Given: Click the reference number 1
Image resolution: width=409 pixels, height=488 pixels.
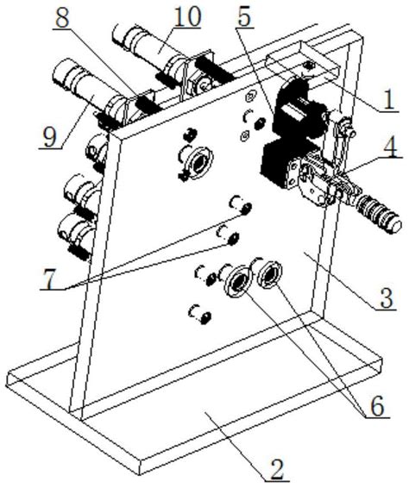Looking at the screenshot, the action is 388,99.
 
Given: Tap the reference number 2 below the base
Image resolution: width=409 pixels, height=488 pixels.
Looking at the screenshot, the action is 276,472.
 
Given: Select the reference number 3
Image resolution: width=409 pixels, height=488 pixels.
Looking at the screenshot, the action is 386,297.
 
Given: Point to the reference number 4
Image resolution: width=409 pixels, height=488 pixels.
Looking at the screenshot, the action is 389,147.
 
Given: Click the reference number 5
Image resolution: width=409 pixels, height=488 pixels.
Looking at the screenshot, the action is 244,16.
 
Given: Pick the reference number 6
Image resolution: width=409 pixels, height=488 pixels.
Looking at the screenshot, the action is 378,405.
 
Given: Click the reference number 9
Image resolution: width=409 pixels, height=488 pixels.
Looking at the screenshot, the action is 49,137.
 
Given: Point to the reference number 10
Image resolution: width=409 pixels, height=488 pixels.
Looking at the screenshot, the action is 186,16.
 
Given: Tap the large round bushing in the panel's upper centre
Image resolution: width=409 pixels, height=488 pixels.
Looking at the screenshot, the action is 198,163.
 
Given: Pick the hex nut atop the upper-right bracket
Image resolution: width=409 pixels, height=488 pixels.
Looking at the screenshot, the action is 309,65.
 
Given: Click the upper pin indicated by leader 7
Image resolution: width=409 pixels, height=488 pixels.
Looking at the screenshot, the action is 242,205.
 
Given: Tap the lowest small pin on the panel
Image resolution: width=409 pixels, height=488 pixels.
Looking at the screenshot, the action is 200,314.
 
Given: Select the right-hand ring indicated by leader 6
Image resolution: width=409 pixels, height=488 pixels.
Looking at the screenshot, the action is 270,275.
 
